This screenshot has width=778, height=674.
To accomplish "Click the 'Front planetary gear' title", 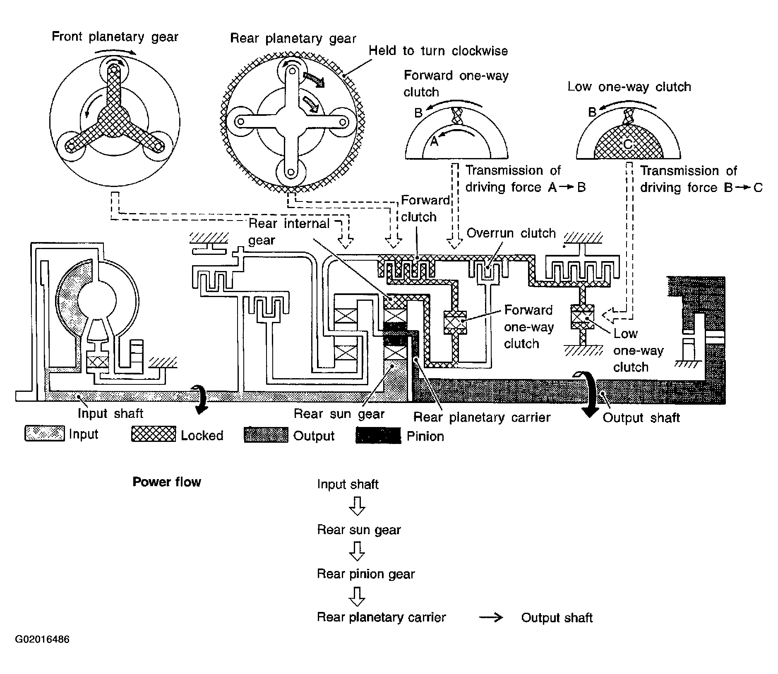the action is (x=115, y=37).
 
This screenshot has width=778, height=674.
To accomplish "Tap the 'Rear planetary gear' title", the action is (x=293, y=38).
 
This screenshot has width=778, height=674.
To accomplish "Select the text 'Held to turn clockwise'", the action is (x=438, y=51).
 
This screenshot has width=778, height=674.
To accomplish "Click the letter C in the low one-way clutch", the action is (x=628, y=144).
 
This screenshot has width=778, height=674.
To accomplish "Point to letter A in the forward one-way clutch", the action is (x=434, y=142).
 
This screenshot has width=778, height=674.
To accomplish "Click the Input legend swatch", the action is (x=45, y=433).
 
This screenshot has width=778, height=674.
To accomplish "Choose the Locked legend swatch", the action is (x=154, y=434).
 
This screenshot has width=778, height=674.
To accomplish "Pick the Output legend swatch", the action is (x=266, y=435).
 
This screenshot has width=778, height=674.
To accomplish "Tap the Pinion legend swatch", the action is (x=378, y=436).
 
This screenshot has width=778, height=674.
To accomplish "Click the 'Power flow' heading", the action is (x=167, y=482).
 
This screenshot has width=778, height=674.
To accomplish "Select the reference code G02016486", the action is (x=42, y=639).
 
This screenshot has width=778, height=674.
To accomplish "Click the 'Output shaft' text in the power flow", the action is (x=557, y=618).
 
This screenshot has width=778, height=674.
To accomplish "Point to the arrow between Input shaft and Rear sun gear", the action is (x=357, y=506).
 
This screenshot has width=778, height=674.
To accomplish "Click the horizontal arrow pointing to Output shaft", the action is (x=491, y=618).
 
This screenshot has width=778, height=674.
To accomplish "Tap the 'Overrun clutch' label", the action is (x=511, y=233).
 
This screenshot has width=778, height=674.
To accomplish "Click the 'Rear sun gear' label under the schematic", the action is (x=339, y=414).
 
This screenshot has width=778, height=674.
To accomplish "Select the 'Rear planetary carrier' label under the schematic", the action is (x=482, y=417).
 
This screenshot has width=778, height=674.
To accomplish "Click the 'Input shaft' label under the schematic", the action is (x=110, y=413).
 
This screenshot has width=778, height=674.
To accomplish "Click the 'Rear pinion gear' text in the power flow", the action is (x=366, y=574).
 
